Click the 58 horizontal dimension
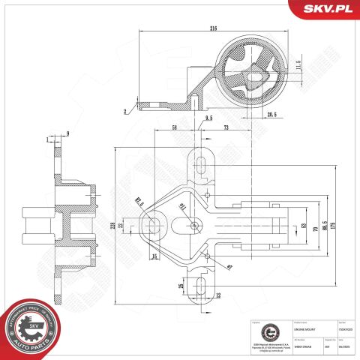174,128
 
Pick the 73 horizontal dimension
226,128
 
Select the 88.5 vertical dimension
324,225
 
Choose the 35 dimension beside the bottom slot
181,286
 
